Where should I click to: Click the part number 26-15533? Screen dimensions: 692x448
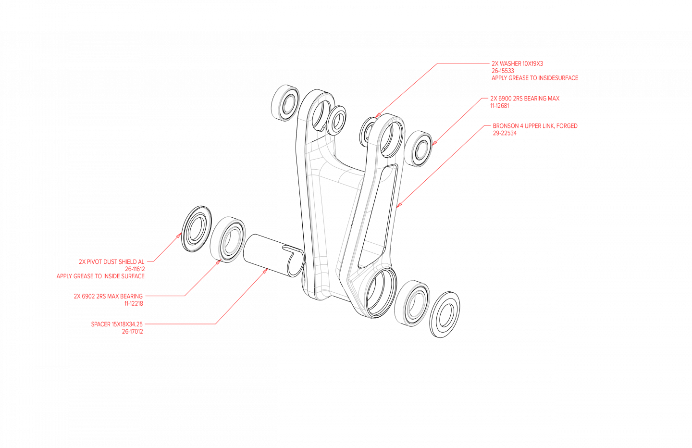click(x=503, y=71)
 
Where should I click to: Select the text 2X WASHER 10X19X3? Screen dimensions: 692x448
click(x=517, y=63)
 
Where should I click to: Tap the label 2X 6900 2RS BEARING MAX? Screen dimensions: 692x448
click(x=525, y=99)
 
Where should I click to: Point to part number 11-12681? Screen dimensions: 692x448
click(x=500, y=106)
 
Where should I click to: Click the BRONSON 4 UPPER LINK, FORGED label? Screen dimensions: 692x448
click(x=535, y=126)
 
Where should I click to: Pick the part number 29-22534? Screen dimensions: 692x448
click(x=505, y=133)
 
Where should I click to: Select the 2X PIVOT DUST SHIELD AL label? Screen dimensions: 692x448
click(x=111, y=262)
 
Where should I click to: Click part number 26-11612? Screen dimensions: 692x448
click(x=135, y=269)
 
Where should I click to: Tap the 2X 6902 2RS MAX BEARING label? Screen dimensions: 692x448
click(x=108, y=296)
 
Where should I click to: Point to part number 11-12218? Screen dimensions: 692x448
click(x=134, y=304)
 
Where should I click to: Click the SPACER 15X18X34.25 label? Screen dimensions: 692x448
click(x=117, y=324)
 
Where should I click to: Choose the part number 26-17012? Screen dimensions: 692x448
click(x=132, y=332)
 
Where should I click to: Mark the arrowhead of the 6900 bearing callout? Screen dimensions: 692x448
click(x=434, y=143)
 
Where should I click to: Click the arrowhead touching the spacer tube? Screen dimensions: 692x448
click(x=265, y=271)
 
